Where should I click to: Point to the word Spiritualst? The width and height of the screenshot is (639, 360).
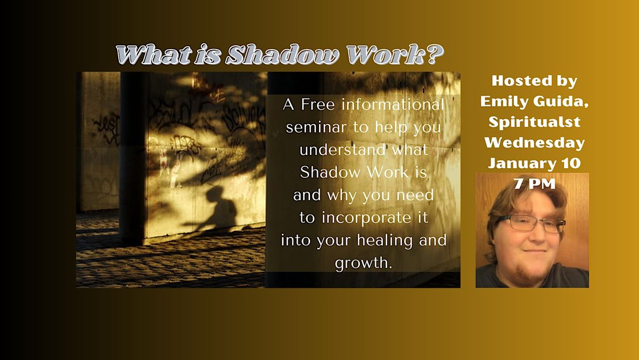tap(534, 122)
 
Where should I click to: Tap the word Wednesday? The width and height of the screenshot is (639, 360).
tap(534, 143)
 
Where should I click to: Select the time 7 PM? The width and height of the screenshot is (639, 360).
tap(534, 184)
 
